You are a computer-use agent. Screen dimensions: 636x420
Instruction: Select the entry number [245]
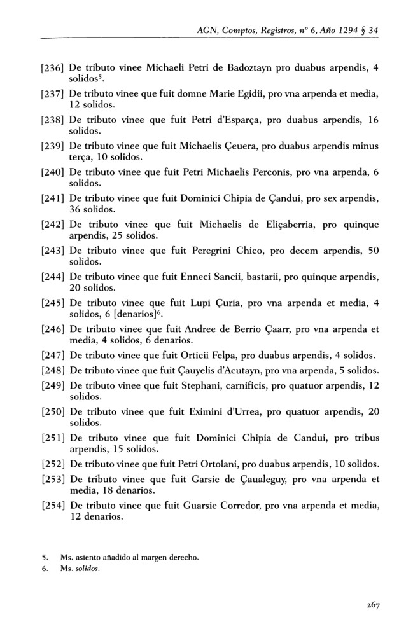[52, 303]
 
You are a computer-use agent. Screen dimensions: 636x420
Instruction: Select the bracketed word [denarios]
[118, 315]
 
